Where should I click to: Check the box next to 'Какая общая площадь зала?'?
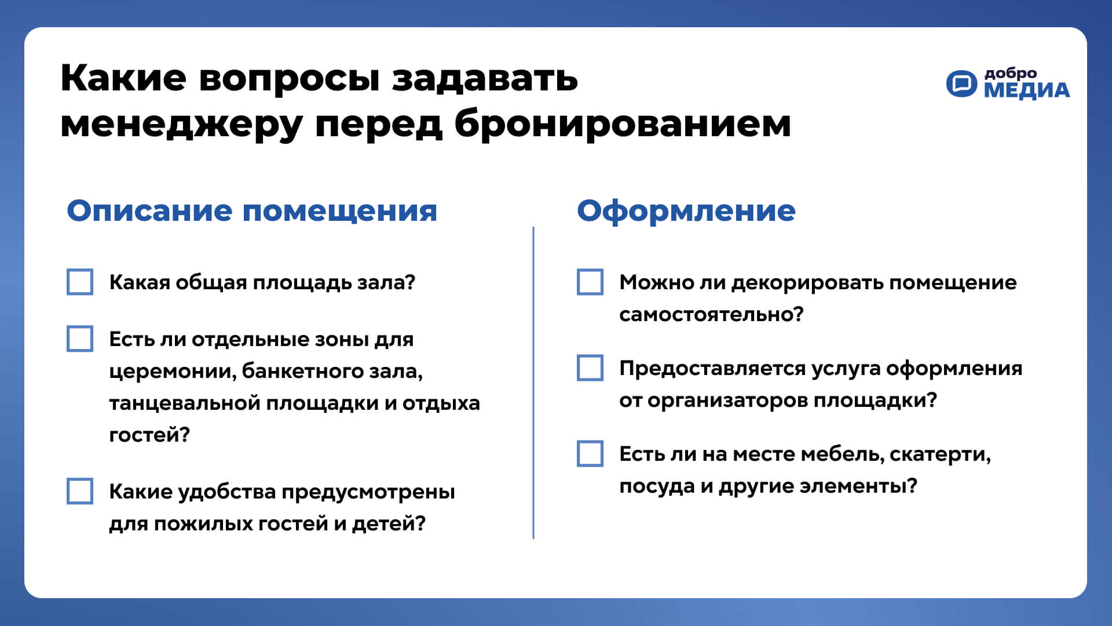(80, 282)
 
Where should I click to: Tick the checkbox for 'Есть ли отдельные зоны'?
(80, 339)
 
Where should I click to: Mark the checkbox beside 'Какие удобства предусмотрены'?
(80, 492)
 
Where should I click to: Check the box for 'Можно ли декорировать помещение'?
(590, 282)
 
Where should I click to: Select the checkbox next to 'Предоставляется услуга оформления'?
(590, 368)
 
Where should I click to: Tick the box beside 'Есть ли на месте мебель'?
(590, 454)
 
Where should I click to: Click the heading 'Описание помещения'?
(252, 210)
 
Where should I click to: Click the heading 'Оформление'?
(686, 210)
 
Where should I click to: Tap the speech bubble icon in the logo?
(961, 84)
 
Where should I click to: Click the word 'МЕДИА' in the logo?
(1027, 91)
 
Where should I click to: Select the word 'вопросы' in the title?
(289, 78)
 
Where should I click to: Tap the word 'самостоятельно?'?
(711, 314)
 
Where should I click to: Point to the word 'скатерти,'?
(940, 454)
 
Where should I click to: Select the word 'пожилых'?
(203, 524)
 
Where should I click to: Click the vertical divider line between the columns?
(533, 383)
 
